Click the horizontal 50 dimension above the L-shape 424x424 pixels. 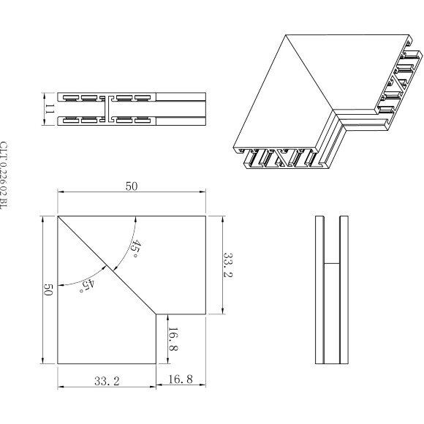[132, 186]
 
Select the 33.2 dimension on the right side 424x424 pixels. [226, 265]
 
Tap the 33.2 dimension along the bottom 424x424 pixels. [107, 381]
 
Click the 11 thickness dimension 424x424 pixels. [50, 107]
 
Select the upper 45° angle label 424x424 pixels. [136, 248]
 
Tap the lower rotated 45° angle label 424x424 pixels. [86, 284]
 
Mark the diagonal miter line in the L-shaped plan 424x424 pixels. [107, 265]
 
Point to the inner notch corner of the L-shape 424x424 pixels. [156, 314]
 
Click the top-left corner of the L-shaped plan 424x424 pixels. [58, 216]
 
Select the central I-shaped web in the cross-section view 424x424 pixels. [107, 107]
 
